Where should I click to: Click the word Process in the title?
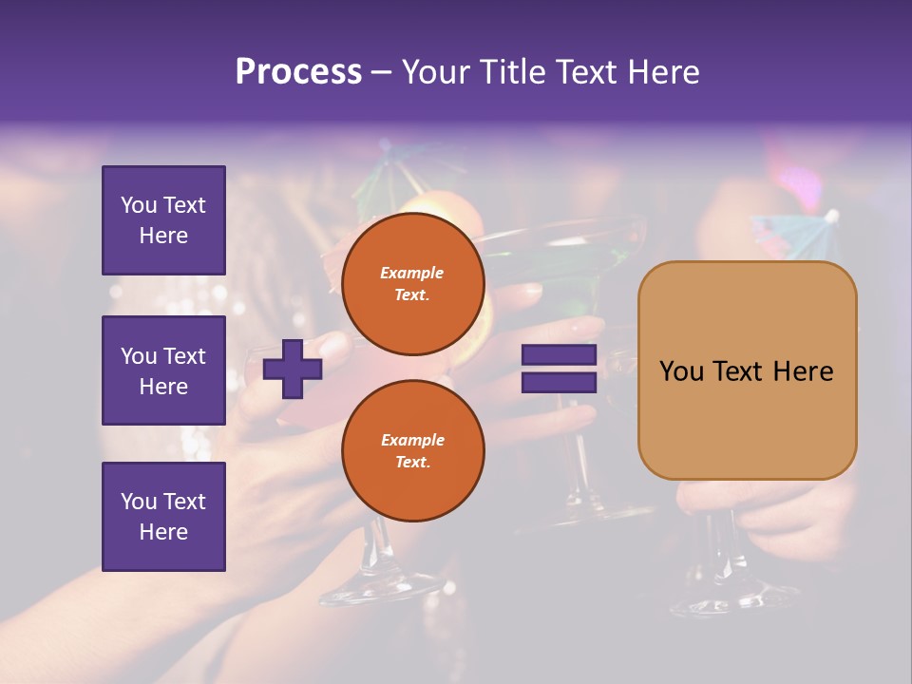pos(298,72)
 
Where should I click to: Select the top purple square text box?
pos(163,220)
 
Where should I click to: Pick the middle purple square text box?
pos(163,370)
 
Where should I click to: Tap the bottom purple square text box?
pos(163,516)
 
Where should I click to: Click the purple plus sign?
pos(293,368)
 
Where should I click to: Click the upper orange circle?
pos(412,283)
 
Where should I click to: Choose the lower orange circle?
pos(412,450)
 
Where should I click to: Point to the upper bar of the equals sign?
pos(559,355)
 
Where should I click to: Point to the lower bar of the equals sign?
pos(559,382)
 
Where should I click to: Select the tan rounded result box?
pos(747,370)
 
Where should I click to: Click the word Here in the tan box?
pos(803,371)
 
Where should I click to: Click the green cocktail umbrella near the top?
pos(380,171)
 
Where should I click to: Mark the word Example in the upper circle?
pos(412,273)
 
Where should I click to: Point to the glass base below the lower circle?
pos(366,589)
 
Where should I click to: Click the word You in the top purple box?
pos(138,205)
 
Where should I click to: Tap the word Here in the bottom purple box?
pos(163,532)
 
